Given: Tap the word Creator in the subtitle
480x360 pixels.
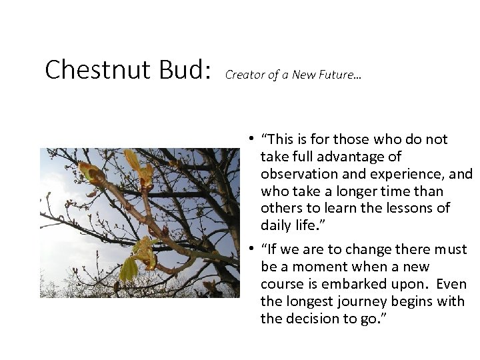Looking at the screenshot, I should (x=243, y=75).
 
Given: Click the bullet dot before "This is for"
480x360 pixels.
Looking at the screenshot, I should (x=247, y=139).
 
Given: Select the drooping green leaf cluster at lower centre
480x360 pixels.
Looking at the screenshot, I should (x=129, y=267).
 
